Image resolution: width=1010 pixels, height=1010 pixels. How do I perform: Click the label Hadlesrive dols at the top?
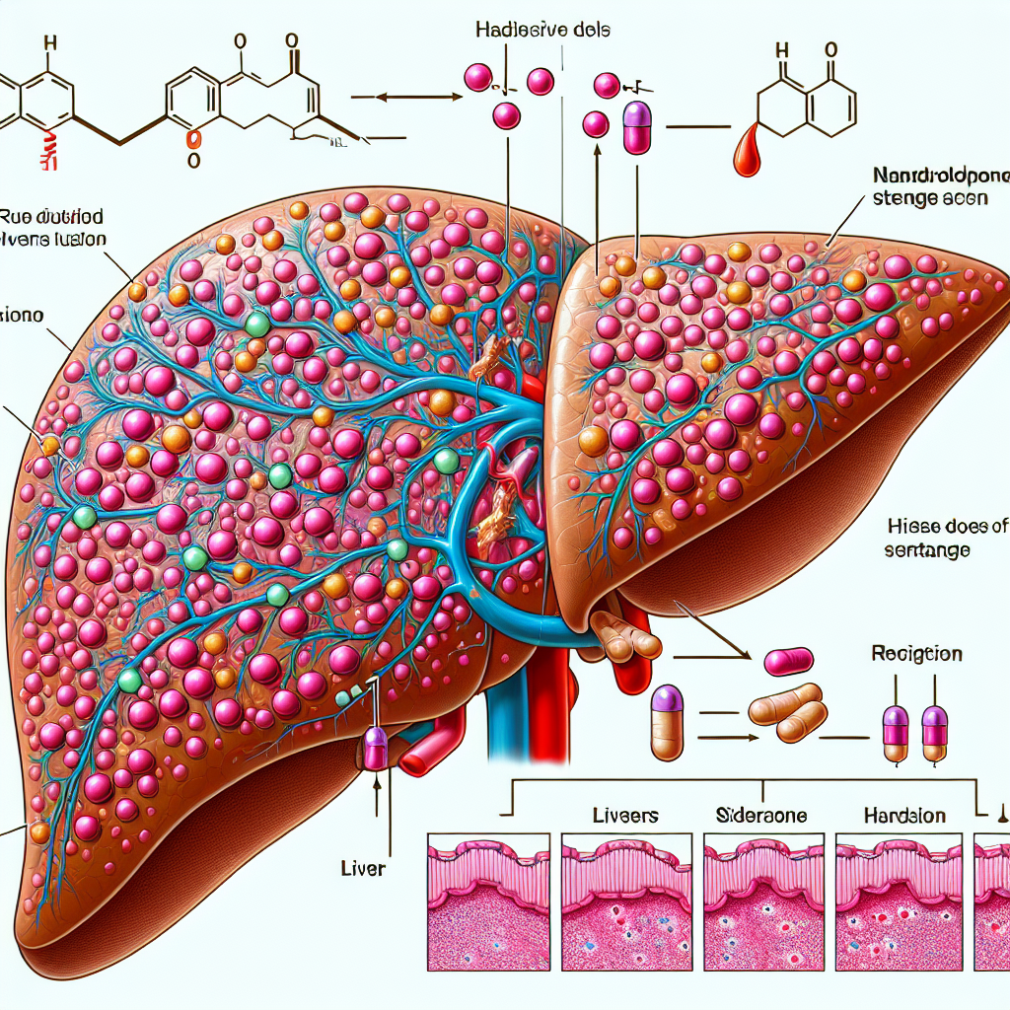click(x=544, y=30)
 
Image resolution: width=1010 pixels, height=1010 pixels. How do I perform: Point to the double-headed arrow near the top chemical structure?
click(x=407, y=97)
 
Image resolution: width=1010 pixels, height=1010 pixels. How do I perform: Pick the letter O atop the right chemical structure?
click(x=830, y=48)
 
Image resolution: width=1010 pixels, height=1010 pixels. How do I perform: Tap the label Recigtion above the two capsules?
click(x=917, y=654)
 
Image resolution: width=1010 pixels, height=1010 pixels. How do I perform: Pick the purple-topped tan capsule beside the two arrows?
click(x=668, y=723)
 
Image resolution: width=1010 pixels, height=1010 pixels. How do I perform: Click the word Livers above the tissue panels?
click(x=625, y=816)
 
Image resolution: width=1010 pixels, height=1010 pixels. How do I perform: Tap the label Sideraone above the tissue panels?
click(x=759, y=816)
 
